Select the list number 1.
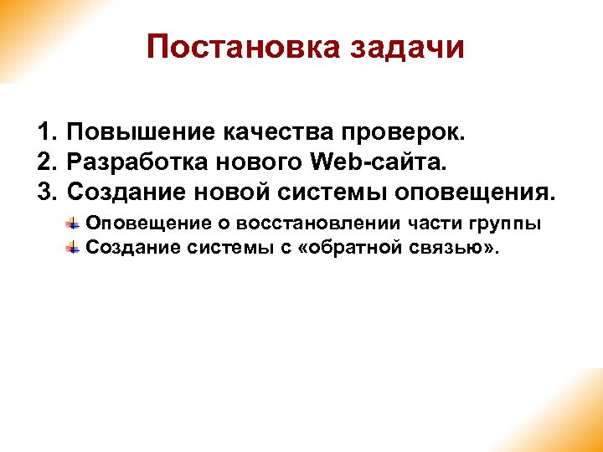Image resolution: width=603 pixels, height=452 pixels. tap(46, 132)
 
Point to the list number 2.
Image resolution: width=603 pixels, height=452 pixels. tap(46, 162)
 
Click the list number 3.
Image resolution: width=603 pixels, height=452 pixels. tap(46, 193)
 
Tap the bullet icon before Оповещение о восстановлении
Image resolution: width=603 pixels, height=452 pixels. tap(74, 223)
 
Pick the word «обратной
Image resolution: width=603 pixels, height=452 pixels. tap(352, 247)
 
